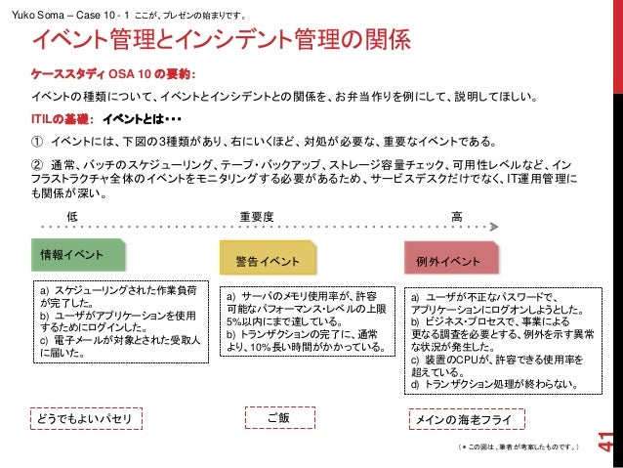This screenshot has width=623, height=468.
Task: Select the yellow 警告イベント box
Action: click(269, 261)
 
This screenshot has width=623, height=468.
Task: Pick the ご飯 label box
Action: click(279, 419)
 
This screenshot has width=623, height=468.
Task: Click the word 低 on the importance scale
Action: click(70, 215)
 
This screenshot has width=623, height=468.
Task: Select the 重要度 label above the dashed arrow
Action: click(256, 215)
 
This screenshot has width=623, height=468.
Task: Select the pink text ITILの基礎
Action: click(62, 118)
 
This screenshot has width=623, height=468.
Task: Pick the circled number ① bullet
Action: click(39, 140)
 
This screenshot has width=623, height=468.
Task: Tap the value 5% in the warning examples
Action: click(233, 320)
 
